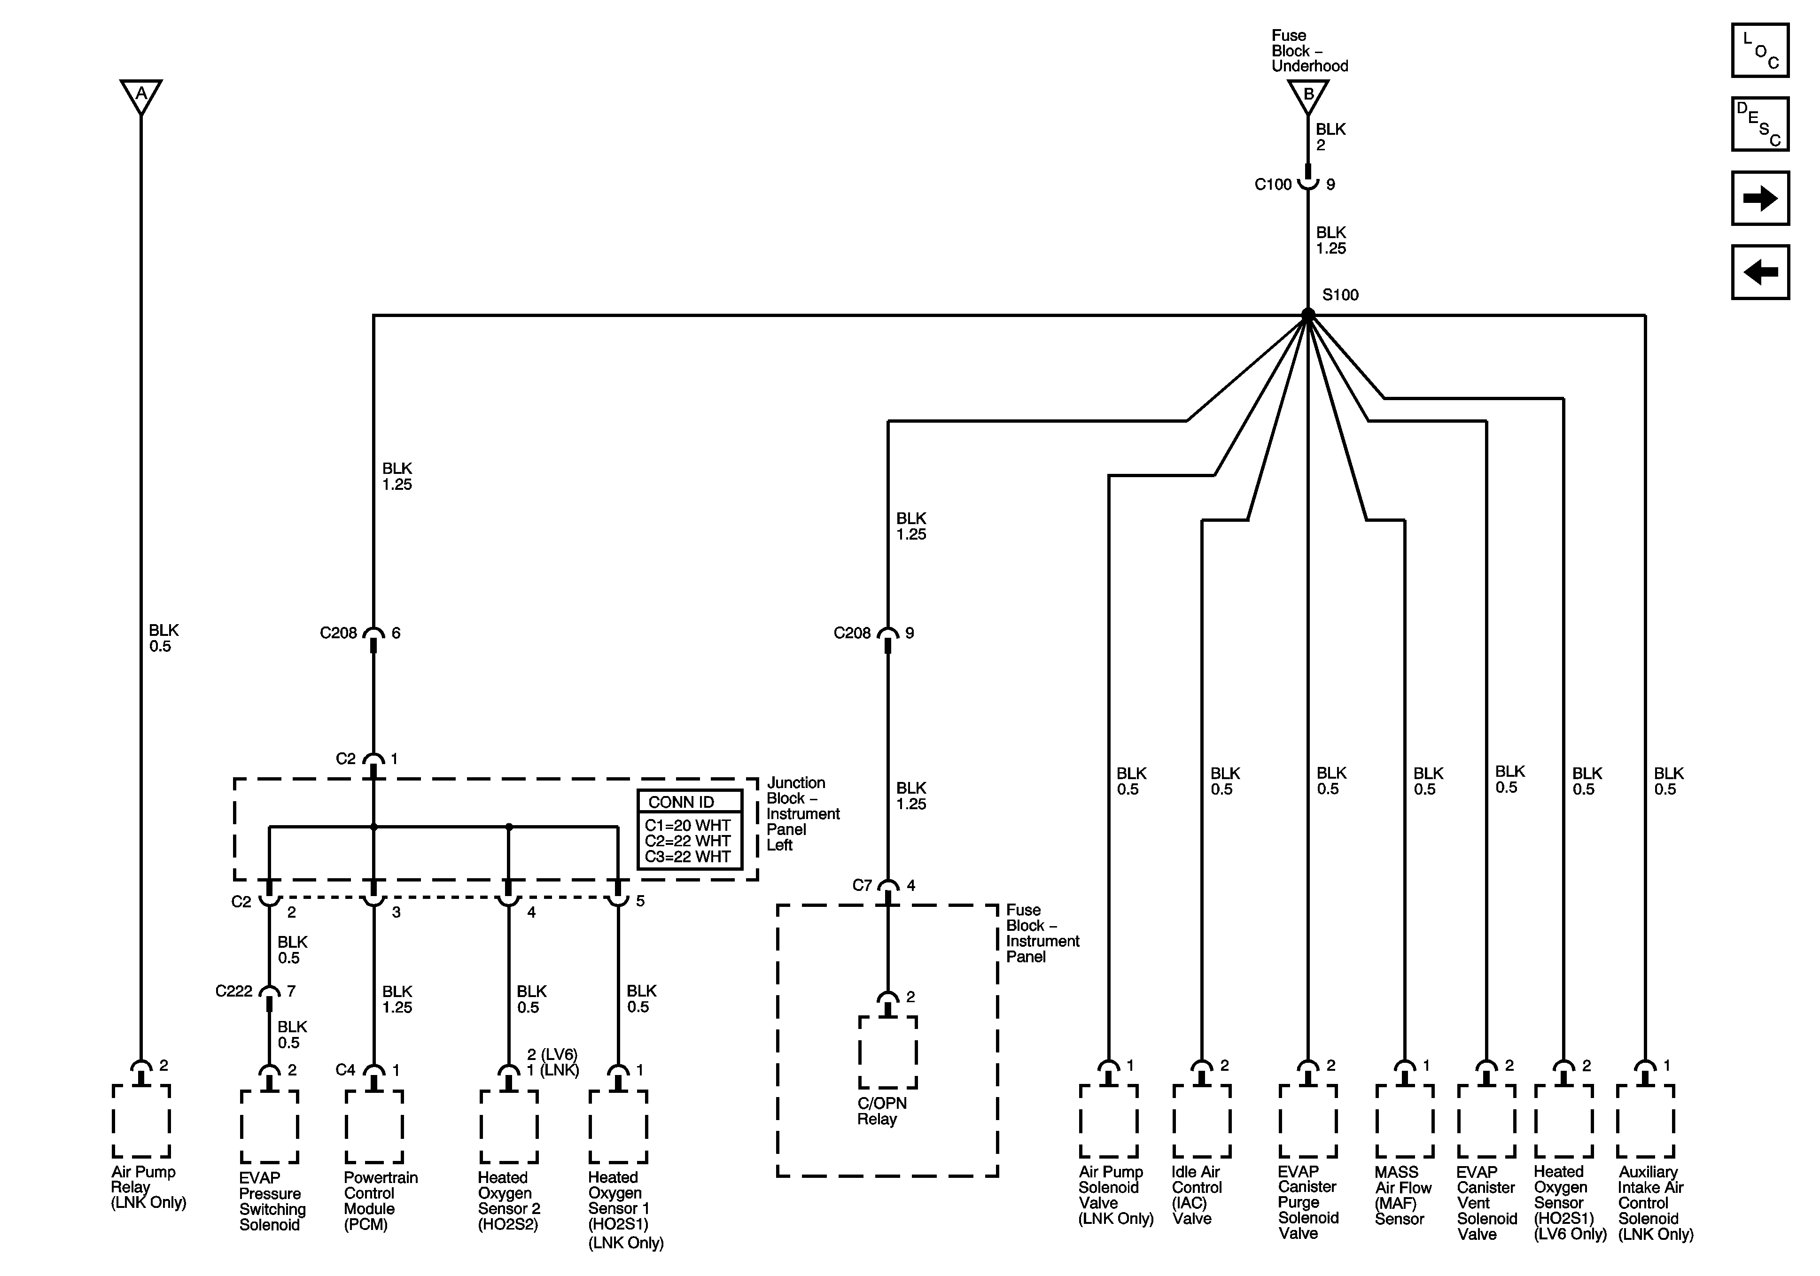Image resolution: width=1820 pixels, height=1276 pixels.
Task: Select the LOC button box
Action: tap(1760, 51)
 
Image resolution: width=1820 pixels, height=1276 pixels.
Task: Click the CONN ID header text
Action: tap(681, 802)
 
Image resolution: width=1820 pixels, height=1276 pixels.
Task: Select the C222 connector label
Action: tap(234, 991)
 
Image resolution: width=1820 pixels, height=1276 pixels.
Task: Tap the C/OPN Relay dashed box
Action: tap(888, 1052)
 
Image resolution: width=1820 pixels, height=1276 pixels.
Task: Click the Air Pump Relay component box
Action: tap(141, 1121)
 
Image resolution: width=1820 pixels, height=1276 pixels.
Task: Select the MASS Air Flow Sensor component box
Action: tap(1405, 1121)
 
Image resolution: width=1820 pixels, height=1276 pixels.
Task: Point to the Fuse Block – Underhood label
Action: tap(1309, 51)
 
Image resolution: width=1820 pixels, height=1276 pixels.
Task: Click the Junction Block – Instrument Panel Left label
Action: tap(802, 814)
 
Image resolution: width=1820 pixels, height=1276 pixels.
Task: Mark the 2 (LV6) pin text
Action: tap(552, 1055)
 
